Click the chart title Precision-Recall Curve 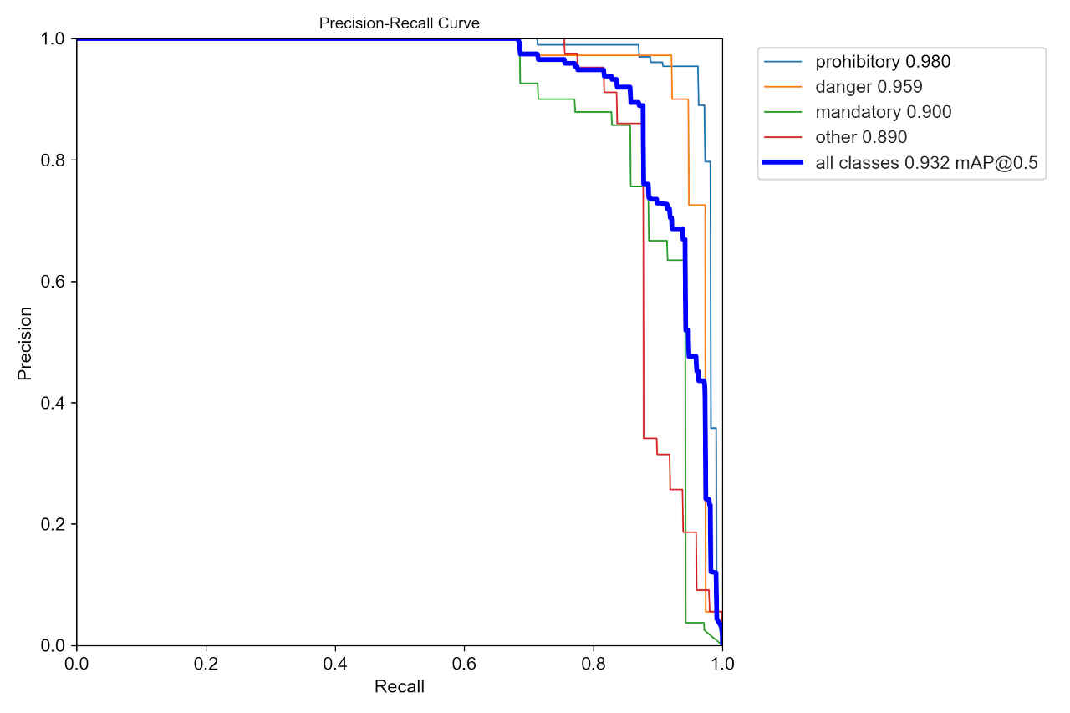pyautogui.click(x=399, y=23)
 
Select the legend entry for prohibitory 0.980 pyautogui.click(x=883, y=61)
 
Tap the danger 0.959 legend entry pyautogui.click(x=869, y=86)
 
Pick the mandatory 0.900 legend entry pyautogui.click(x=883, y=112)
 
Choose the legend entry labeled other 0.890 pyautogui.click(x=861, y=137)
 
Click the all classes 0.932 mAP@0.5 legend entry pyautogui.click(x=926, y=163)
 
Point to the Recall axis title pyautogui.click(x=399, y=687)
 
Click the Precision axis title pyautogui.click(x=25, y=343)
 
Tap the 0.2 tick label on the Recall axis pyautogui.click(x=206, y=664)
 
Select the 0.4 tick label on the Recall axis pyautogui.click(x=335, y=664)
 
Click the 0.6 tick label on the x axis pyautogui.click(x=464, y=664)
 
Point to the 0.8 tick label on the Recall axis pyautogui.click(x=594, y=664)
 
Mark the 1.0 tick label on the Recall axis pyautogui.click(x=722, y=664)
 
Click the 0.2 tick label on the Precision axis pyautogui.click(x=53, y=524)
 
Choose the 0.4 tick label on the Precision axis pyautogui.click(x=53, y=403)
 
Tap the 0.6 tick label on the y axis pyautogui.click(x=53, y=282)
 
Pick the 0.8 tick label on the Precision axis pyautogui.click(x=53, y=160)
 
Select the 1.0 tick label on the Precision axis pyautogui.click(x=53, y=38)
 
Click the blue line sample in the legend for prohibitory pyautogui.click(x=784, y=61)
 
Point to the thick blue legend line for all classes pyautogui.click(x=784, y=163)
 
